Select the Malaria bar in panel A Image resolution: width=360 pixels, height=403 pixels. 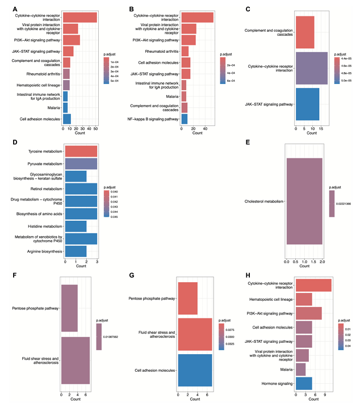[x=65, y=107]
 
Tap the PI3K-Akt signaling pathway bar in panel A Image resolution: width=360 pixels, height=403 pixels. [x=71, y=40]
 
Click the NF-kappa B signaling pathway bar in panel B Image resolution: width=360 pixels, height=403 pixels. [x=184, y=119]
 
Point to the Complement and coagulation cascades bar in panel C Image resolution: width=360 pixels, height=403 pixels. [x=305, y=32]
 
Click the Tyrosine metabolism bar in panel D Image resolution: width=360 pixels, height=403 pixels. [x=81, y=151]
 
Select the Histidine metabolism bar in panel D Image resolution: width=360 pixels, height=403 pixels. [x=76, y=226]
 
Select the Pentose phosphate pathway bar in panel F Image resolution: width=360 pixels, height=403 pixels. [x=69, y=308]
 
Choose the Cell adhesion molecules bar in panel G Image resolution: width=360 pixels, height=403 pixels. [x=195, y=371]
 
